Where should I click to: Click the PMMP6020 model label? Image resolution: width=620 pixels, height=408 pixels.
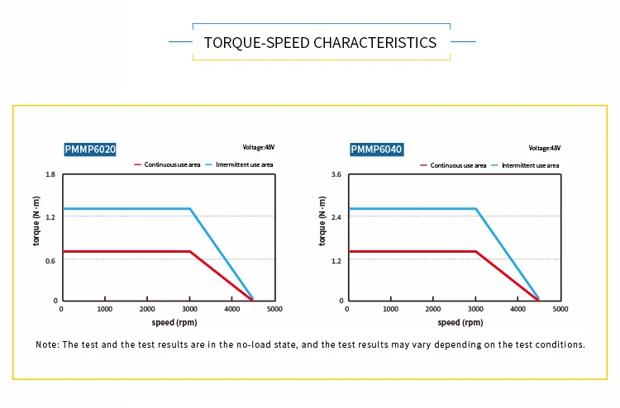point(90,149)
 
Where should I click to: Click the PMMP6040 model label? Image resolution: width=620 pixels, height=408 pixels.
point(376,149)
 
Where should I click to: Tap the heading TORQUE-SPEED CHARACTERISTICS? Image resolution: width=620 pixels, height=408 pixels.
point(320,42)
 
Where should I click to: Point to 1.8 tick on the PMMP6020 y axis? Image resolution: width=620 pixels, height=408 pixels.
point(50,175)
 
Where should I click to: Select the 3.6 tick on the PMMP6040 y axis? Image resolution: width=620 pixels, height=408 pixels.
point(336,175)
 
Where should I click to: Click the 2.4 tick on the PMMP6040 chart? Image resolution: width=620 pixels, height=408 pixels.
point(336,217)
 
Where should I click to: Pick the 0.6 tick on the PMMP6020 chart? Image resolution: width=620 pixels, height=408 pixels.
point(50,260)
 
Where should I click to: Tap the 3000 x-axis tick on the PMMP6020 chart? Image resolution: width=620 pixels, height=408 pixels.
point(189,310)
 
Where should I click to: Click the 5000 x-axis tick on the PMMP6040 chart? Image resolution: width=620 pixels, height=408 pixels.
point(560,310)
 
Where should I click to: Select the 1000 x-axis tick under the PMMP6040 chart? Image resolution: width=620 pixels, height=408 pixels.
point(390,310)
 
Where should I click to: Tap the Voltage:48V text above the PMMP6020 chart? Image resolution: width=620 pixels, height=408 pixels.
point(258,147)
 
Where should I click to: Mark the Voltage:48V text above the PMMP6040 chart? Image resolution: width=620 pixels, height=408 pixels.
point(544,147)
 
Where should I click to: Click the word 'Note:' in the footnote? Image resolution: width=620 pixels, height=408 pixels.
point(47,344)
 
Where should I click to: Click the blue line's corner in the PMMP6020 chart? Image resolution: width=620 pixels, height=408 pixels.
point(190,209)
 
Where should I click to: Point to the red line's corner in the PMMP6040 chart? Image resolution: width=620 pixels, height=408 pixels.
point(476,251)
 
